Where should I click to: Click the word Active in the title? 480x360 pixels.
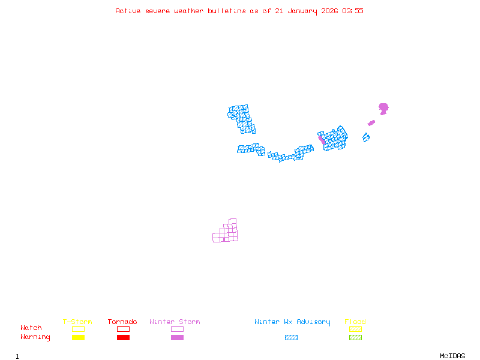(127, 11)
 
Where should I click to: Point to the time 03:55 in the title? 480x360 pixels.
(353, 11)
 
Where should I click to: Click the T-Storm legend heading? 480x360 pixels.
(77, 322)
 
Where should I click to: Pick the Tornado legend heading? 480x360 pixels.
(122, 322)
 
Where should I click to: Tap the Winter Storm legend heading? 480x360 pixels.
(175, 322)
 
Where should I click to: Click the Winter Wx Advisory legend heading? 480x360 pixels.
(292, 322)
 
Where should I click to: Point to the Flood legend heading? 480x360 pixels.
(355, 322)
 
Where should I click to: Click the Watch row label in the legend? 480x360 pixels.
(31, 328)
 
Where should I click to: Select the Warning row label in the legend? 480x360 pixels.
(35, 337)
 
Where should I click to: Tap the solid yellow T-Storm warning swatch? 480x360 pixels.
(78, 338)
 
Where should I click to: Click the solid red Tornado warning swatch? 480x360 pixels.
(123, 338)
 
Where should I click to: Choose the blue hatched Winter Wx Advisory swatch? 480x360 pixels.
(291, 338)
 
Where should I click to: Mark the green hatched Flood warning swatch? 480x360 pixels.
(355, 338)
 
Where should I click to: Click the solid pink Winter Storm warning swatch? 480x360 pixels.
(177, 338)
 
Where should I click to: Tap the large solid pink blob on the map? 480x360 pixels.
(383, 108)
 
